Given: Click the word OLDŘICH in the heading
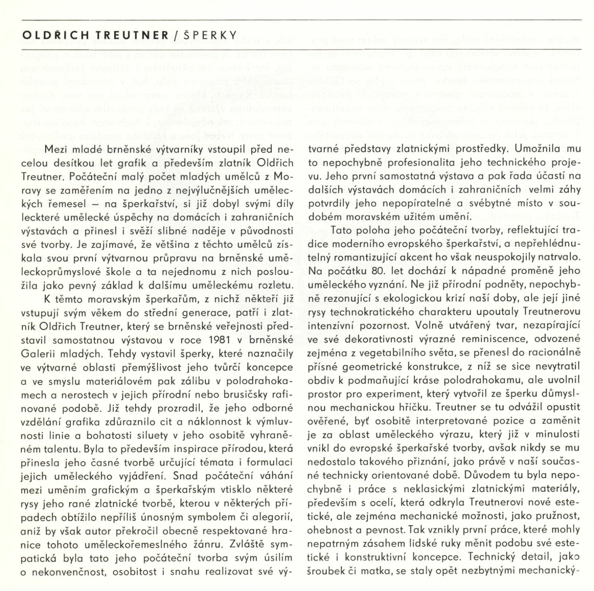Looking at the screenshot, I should tap(56, 35).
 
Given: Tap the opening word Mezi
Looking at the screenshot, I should tap(56, 149).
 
